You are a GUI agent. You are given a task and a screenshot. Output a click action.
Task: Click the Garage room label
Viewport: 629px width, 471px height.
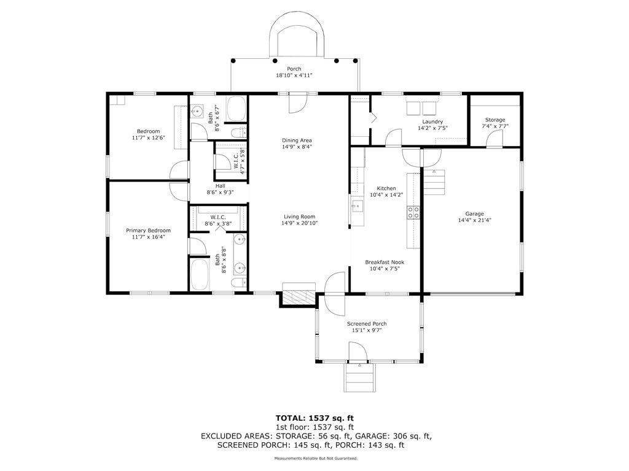(x=475, y=214)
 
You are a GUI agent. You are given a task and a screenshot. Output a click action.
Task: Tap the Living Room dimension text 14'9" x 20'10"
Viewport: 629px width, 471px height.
(x=299, y=223)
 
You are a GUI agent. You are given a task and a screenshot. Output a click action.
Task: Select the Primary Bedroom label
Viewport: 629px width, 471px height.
(x=149, y=231)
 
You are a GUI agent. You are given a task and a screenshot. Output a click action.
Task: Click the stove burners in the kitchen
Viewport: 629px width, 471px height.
(x=413, y=212)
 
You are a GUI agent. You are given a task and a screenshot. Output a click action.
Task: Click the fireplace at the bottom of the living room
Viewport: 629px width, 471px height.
(x=299, y=296)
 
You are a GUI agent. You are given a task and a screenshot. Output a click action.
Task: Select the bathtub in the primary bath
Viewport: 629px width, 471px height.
(x=199, y=274)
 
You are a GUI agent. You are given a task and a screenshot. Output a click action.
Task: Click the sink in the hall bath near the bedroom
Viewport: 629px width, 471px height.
(x=197, y=112)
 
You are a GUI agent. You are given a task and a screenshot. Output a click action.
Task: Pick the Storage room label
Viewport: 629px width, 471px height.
(x=495, y=120)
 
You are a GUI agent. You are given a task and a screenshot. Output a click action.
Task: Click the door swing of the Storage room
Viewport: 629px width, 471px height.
(x=494, y=139)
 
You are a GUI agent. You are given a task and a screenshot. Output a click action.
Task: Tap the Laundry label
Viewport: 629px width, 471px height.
(x=432, y=122)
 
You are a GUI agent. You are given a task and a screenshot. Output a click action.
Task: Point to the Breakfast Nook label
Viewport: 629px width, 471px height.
(x=385, y=262)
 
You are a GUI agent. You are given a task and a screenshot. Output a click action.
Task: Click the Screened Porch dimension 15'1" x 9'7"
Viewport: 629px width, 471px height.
(x=367, y=331)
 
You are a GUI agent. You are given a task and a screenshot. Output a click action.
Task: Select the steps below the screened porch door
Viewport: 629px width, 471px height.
(x=360, y=378)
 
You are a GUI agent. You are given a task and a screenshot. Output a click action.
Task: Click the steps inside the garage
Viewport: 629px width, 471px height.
(x=434, y=182)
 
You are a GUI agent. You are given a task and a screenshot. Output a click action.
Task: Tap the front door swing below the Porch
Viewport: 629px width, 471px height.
(x=298, y=103)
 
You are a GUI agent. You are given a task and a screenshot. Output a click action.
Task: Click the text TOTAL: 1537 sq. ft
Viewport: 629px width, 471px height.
(x=314, y=418)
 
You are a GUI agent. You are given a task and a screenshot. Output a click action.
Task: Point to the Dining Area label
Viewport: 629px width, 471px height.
(x=297, y=140)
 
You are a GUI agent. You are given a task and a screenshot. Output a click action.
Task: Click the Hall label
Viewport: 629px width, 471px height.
(x=221, y=186)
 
